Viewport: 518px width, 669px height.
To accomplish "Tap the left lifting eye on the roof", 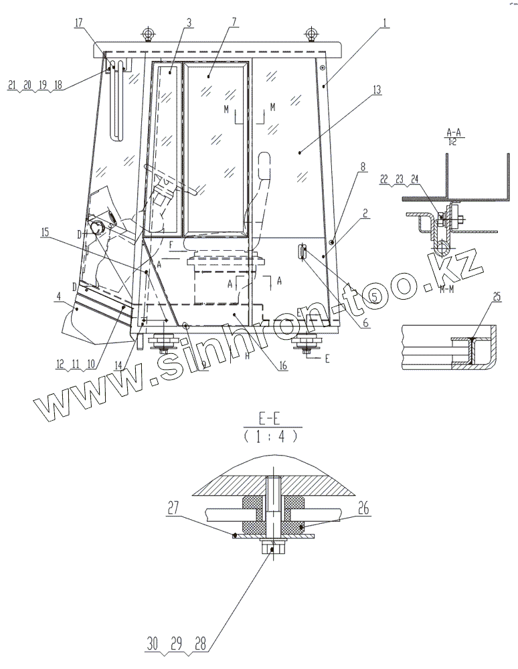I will tap(146, 33).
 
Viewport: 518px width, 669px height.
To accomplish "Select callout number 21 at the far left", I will tap(11, 86).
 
